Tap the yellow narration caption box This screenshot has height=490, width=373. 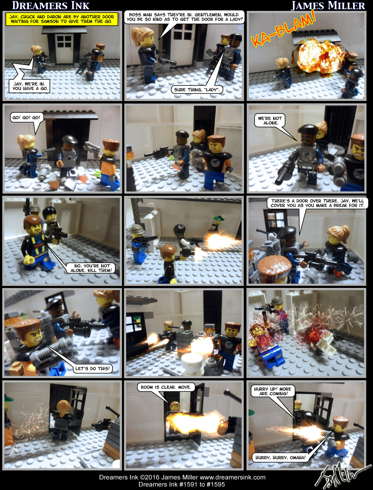pyautogui.click(x=62, y=19)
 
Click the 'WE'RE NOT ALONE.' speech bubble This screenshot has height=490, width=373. pyautogui.click(x=271, y=120)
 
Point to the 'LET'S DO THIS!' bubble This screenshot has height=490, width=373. pyautogui.click(x=93, y=368)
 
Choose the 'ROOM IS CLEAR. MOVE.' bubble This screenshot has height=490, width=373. pyautogui.click(x=165, y=387)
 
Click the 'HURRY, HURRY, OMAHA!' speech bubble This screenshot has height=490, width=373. pyautogui.click(x=280, y=457)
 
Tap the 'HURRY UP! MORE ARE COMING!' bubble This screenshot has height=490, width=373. pyautogui.click(x=273, y=391)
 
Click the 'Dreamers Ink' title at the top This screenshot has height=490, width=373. pyautogui.click(x=51, y=5)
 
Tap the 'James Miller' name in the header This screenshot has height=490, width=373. pyautogui.click(x=328, y=5)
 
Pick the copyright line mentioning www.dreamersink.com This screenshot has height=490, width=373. pyautogui.click(x=182, y=477)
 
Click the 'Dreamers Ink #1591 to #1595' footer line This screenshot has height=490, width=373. pyautogui.click(x=181, y=484)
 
